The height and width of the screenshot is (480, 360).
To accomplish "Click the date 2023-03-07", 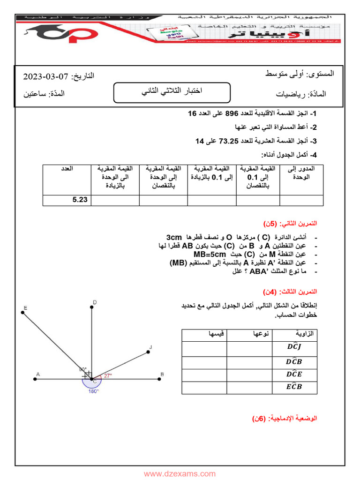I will pos(43,76).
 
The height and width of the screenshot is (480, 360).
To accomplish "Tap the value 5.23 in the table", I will pos(80,200).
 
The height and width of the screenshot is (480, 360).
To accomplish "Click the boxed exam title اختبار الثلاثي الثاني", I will pos(172,92).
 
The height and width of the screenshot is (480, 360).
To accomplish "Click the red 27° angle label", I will pos(108,375).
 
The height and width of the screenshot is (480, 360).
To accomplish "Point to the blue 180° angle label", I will pos(93,391).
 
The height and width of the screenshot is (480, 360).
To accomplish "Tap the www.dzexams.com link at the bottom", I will pos(180,474).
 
